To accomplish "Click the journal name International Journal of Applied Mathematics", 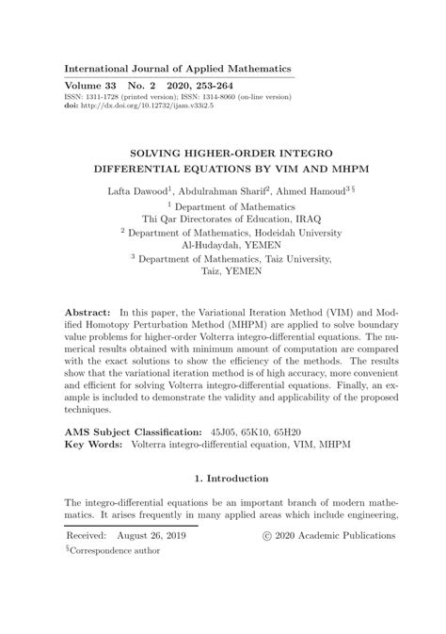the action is tap(177, 69).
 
